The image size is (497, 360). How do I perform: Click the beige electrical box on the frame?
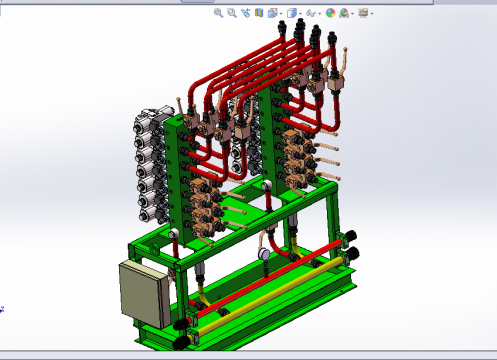141,294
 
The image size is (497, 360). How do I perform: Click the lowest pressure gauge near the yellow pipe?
263,254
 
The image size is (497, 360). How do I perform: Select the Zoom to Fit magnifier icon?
219,13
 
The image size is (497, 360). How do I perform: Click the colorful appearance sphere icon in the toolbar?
330,13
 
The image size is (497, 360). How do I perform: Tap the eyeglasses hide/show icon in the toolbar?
312,13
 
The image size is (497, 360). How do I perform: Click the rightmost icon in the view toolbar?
364,13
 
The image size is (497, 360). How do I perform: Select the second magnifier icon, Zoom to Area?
232,13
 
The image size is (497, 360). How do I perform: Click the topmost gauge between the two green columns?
267,187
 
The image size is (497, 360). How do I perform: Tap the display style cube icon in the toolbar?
292,13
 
